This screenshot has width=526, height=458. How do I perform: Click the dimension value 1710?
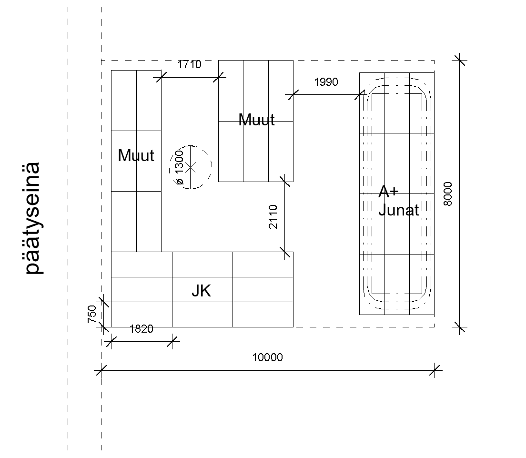[189, 64]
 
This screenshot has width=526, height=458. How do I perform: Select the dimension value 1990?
[326, 82]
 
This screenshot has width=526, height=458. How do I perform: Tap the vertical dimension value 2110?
[273, 216]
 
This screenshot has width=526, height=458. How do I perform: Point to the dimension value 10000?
[267, 357]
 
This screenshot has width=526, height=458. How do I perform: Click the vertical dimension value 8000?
[448, 194]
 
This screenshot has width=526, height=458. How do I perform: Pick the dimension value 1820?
[141, 329]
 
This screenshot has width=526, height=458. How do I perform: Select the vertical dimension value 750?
[92, 314]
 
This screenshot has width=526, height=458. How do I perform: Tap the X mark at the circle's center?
[191, 167]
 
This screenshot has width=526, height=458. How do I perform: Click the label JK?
[201, 291]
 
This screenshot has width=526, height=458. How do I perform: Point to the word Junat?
[398, 210]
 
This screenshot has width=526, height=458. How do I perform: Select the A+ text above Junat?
[388, 192]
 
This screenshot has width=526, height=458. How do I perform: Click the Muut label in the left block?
[136, 155]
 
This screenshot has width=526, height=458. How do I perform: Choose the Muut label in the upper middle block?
[257, 120]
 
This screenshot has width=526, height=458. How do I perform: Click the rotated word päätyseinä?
[33, 218]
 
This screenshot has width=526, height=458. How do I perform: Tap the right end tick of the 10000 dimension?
[435, 371]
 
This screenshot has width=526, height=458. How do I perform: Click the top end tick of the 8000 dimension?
[459, 61]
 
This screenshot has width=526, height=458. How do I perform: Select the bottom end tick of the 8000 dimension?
[459, 327]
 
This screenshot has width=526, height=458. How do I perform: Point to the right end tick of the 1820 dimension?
[172, 342]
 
